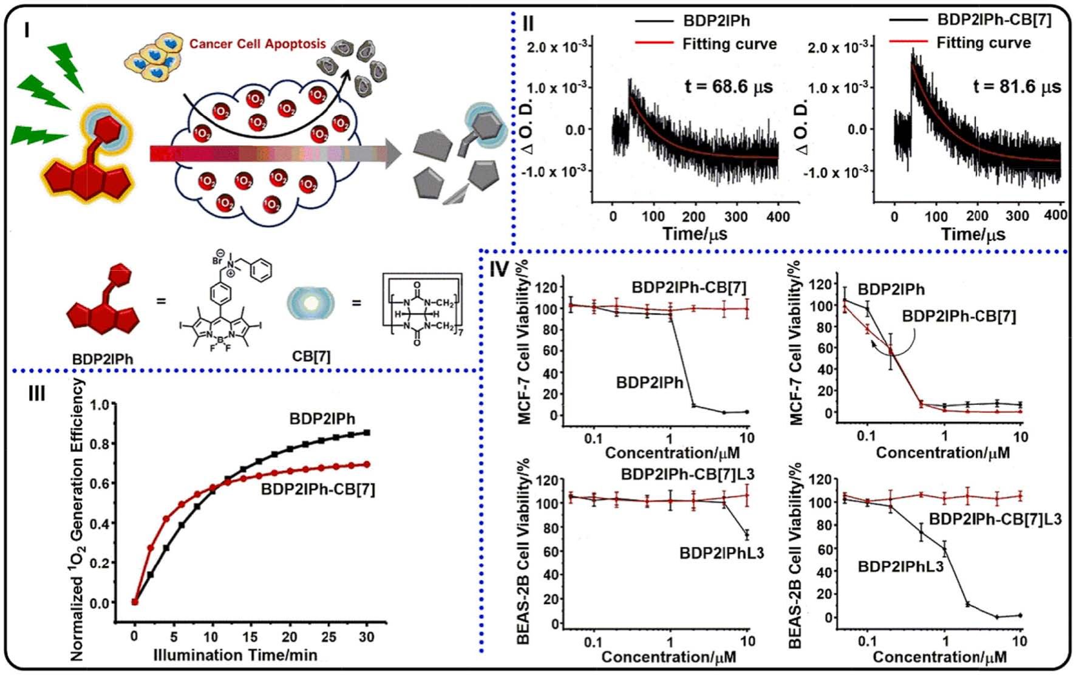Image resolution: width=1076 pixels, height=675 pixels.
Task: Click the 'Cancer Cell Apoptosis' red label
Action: tap(257, 44)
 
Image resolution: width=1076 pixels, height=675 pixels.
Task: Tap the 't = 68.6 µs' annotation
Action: tap(729, 87)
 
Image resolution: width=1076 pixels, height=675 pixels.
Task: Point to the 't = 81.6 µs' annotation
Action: tap(1017, 87)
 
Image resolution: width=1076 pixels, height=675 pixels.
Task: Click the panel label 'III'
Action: tap(36, 393)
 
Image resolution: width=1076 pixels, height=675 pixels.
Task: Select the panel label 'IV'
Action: tap(499, 269)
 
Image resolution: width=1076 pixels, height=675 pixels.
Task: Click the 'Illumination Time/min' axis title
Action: tap(235, 655)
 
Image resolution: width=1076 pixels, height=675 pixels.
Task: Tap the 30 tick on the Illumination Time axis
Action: tap(366, 637)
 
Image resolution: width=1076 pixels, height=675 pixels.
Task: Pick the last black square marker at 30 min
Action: tap(367, 433)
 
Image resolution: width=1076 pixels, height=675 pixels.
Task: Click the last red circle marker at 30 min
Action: tap(367, 465)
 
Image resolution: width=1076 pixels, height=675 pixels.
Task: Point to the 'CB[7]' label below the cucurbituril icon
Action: tap(311, 356)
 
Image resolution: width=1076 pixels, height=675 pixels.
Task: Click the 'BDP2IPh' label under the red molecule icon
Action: tap(102, 359)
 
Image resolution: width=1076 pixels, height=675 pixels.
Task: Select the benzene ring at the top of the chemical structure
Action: tap(261, 270)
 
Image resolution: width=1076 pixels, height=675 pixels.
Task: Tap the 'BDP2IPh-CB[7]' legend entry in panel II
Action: tap(994, 19)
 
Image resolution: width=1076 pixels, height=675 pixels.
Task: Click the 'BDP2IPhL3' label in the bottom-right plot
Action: tap(901, 567)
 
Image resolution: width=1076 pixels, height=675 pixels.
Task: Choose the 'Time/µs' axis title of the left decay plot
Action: tap(695, 234)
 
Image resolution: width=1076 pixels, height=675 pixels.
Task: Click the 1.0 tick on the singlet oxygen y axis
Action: tap(103, 404)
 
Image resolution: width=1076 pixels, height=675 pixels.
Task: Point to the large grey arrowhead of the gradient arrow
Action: tap(393, 154)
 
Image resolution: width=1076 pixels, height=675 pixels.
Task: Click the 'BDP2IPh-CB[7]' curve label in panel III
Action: tap(318, 489)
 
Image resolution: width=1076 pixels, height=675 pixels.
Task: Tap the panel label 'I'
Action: tap(26, 29)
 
